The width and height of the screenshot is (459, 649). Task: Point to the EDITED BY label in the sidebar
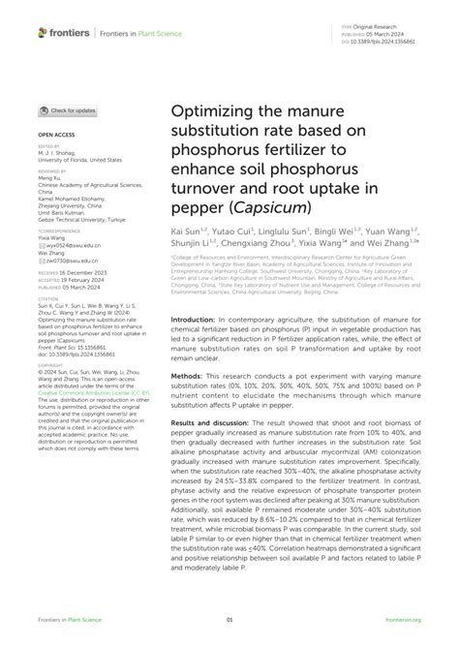[x=51, y=146]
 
